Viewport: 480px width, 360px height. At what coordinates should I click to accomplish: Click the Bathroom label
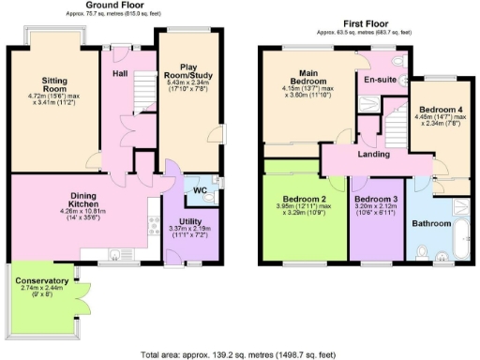point(433,222)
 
